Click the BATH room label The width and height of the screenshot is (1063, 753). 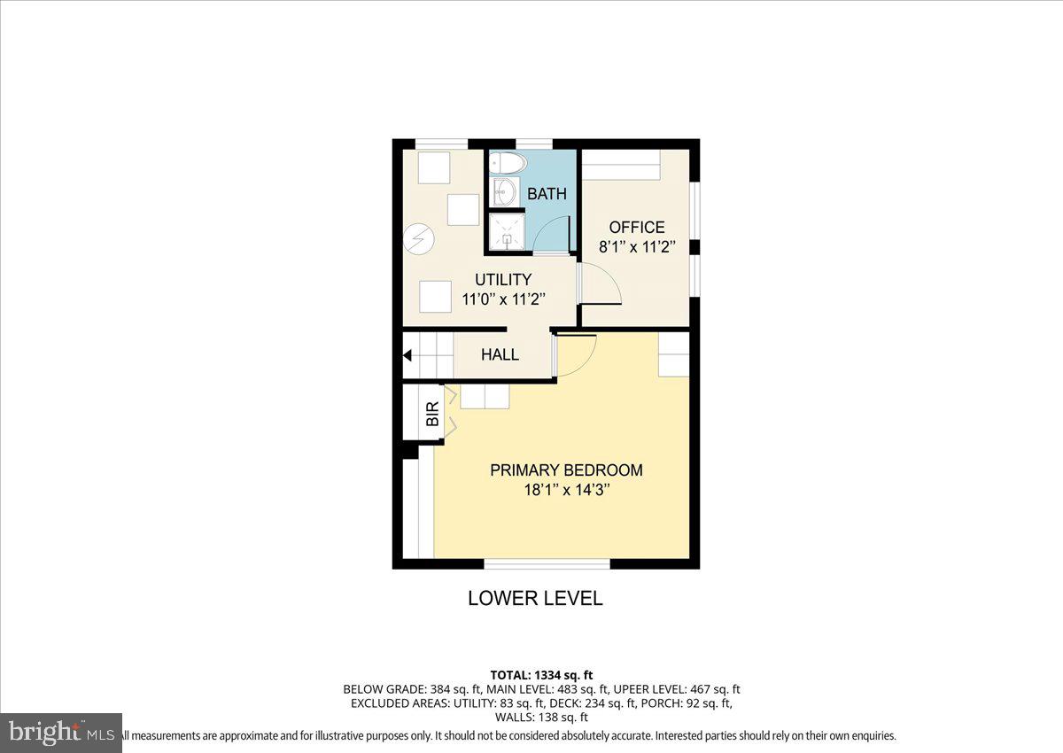point(547,194)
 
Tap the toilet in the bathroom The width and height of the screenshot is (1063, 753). point(508,163)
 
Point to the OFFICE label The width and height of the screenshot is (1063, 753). point(636,228)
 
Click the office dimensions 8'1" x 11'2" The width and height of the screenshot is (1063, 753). point(636,248)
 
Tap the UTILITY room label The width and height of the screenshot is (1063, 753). point(502,280)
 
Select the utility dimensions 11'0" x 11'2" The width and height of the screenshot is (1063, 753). point(502,299)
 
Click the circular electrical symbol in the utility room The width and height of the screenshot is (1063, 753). point(417,237)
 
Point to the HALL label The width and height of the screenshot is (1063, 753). point(500,354)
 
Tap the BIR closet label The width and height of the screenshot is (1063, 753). point(432,415)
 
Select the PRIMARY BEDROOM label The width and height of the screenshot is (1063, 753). point(566,470)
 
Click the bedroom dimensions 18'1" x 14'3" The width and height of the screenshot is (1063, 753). point(566,490)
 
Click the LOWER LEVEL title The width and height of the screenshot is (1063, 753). point(535,598)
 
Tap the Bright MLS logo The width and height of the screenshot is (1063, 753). point(61,733)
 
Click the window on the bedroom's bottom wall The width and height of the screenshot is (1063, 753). point(547,563)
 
